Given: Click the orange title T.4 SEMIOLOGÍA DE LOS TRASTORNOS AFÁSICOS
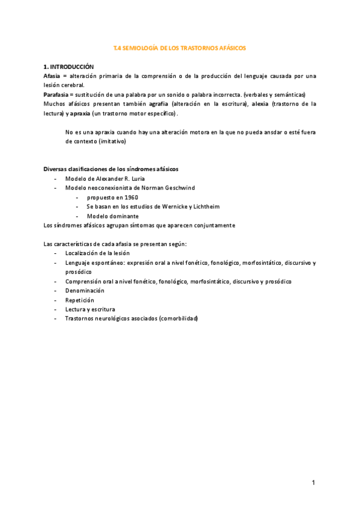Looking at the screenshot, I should click(x=180, y=47).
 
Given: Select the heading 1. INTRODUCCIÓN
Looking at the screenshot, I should click(x=69, y=67).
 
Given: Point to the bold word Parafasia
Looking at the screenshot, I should click(x=56, y=95).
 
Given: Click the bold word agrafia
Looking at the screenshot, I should click(x=159, y=104).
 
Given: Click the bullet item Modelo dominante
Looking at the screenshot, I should click(x=113, y=216).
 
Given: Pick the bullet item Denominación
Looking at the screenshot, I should click(x=89, y=291).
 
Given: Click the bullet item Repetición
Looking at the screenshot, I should click(x=80, y=300).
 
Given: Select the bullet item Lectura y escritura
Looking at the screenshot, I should click(x=90, y=309).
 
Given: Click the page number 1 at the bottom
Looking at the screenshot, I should click(x=313, y=482).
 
